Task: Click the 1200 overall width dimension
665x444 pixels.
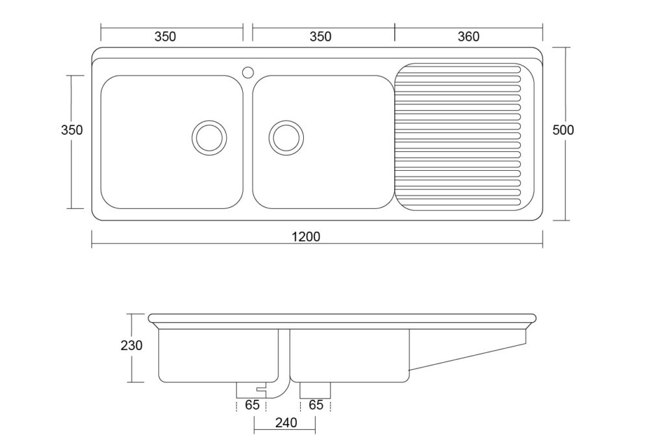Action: (x=306, y=236)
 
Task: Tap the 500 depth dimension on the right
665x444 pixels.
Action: (x=563, y=130)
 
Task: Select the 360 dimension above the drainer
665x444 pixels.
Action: (x=468, y=36)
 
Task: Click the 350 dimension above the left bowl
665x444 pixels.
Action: (x=165, y=36)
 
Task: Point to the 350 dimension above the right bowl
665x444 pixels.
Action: (x=320, y=36)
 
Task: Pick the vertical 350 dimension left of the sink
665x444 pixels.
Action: (x=71, y=130)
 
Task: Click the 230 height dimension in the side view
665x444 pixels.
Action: (x=131, y=345)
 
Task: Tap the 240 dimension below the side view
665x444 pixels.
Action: (x=286, y=423)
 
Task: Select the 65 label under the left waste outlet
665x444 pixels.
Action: (x=252, y=405)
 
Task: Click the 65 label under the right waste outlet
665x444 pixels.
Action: (x=316, y=405)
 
